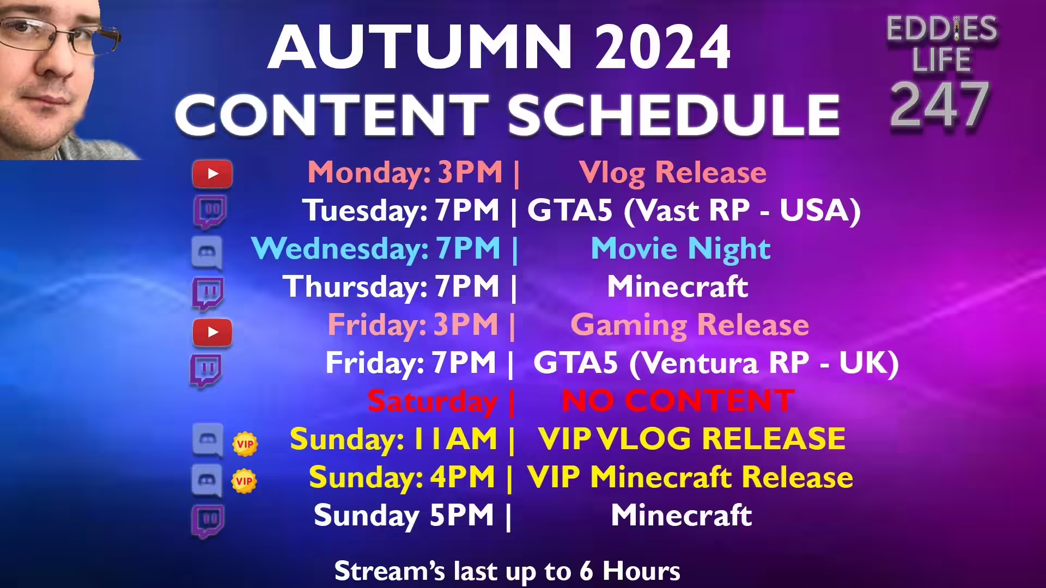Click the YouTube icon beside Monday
(x=212, y=174)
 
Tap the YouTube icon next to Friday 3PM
(x=212, y=332)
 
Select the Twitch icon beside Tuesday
(x=210, y=211)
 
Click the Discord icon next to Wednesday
(x=207, y=253)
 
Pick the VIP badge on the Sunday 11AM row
(x=245, y=444)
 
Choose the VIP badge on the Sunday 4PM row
(x=244, y=481)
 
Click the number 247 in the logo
(x=940, y=105)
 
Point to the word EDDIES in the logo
(x=941, y=28)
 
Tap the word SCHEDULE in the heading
(x=674, y=115)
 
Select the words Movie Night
(x=680, y=249)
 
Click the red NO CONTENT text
(x=677, y=401)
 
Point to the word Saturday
(x=432, y=402)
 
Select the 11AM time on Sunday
(x=455, y=439)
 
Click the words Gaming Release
(x=689, y=325)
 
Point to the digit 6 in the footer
(x=586, y=571)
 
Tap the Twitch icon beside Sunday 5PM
(x=208, y=519)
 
